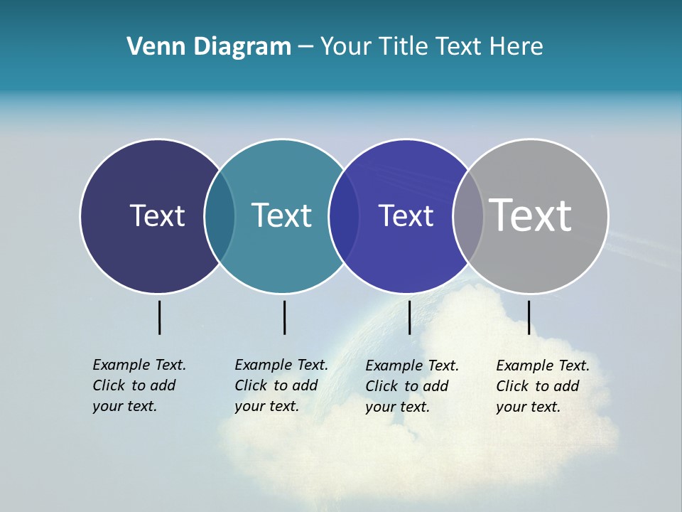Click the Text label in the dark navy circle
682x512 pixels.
coord(157,215)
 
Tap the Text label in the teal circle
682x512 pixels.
coord(281,215)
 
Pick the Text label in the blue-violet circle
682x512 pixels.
coord(406,215)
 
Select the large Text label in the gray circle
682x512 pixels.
coord(531,215)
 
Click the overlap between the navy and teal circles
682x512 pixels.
coord(220,216)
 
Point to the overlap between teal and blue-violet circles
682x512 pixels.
coord(344,216)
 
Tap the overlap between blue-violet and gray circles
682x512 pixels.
coord(468,216)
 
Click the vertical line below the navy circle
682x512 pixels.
coord(159,317)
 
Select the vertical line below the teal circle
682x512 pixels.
coord(284,317)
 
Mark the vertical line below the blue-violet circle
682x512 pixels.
coord(409,317)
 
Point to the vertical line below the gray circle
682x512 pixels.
coord(529,317)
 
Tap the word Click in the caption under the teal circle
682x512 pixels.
coord(251,385)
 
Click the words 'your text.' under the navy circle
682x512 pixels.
coord(124,407)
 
